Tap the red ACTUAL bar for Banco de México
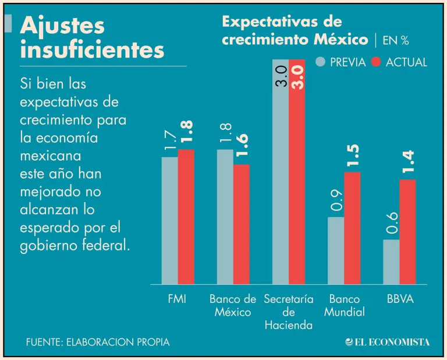pyautogui.click(x=242, y=224)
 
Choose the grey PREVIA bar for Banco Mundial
pyautogui.click(x=336, y=250)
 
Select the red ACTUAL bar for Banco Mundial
pyautogui.click(x=352, y=228)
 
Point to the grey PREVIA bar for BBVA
pyautogui.click(x=391, y=262)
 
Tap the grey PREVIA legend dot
pyautogui.click(x=321, y=62)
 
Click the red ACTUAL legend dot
pyautogui.click(x=376, y=62)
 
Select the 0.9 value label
pyautogui.click(x=336, y=202)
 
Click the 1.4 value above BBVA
pyautogui.click(x=408, y=163)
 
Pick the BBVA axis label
pyautogui.click(x=400, y=299)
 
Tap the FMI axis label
pyautogui.click(x=178, y=299)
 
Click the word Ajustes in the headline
pyautogui.click(x=62, y=26)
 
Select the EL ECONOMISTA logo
pyautogui.click(x=387, y=342)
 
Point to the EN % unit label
pyautogui.click(x=396, y=40)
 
